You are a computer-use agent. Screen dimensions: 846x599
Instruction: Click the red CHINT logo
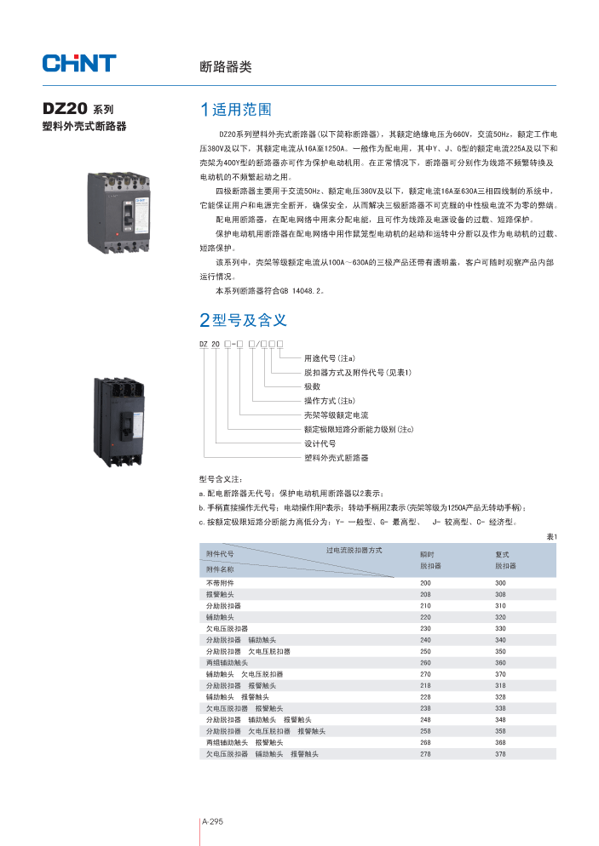78,63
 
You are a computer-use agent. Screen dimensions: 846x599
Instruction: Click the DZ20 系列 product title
78,110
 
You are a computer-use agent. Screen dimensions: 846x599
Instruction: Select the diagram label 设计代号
320,443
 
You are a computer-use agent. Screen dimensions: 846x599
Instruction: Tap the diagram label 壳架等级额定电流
336,414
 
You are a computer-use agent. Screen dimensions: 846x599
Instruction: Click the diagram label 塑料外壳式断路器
336,458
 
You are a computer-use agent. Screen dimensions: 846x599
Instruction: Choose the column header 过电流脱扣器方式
354,551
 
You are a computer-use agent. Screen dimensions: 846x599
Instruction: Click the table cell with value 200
425,582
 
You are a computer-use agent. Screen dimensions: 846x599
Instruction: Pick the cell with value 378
500,754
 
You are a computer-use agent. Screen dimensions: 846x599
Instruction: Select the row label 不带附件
219,582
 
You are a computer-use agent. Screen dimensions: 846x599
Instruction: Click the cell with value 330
500,628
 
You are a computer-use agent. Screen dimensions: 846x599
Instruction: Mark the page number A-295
212,821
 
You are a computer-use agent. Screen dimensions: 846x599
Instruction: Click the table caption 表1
550,536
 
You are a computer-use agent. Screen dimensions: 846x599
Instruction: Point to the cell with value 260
425,662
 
